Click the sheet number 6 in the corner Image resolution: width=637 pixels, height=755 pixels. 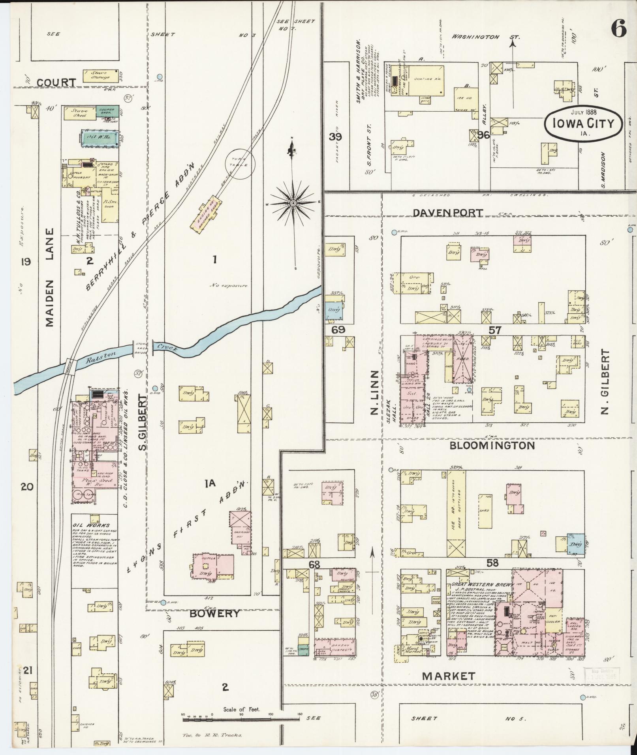tap(619, 28)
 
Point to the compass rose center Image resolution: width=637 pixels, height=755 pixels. tap(293, 203)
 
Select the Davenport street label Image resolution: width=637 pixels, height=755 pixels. tap(448, 213)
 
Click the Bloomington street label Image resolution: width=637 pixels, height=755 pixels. tap(492, 446)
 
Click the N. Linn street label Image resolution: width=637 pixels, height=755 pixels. tap(374, 393)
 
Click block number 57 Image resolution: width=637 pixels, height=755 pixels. tap(494, 330)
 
